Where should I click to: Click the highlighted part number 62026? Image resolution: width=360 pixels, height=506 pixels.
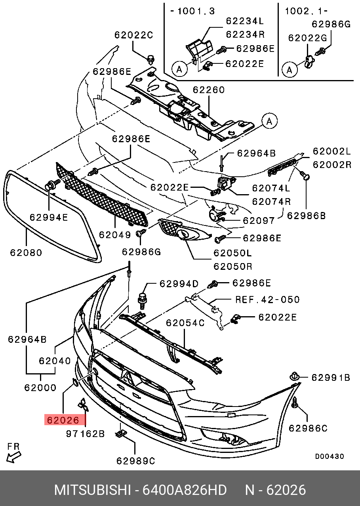pos(63,420)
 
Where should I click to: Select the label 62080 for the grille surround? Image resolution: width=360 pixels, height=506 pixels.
pos(25,252)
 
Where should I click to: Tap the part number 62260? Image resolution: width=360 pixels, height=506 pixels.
pos(209,90)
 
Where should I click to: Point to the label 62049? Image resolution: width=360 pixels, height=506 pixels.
pos(115,235)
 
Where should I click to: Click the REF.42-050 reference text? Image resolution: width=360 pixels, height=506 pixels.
pos(267,300)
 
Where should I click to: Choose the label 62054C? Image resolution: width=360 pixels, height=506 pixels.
pos(185,323)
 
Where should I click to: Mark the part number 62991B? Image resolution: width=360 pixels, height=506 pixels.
pos(330,378)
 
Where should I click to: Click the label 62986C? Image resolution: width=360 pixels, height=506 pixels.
pos(308,428)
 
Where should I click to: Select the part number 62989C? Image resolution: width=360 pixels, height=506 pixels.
pos(135,461)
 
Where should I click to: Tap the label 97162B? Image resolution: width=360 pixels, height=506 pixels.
pos(85,434)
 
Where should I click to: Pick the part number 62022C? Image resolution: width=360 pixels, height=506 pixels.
pos(133,35)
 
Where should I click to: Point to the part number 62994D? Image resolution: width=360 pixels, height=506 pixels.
pos(179,284)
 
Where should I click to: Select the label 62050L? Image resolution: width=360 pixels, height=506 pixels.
pos(232,253)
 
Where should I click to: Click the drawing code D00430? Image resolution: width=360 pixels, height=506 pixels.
pos(330,456)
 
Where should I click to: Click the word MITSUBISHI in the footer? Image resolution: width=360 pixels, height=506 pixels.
pos(92,490)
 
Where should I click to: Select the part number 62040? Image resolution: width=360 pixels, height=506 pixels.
pos(55,361)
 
